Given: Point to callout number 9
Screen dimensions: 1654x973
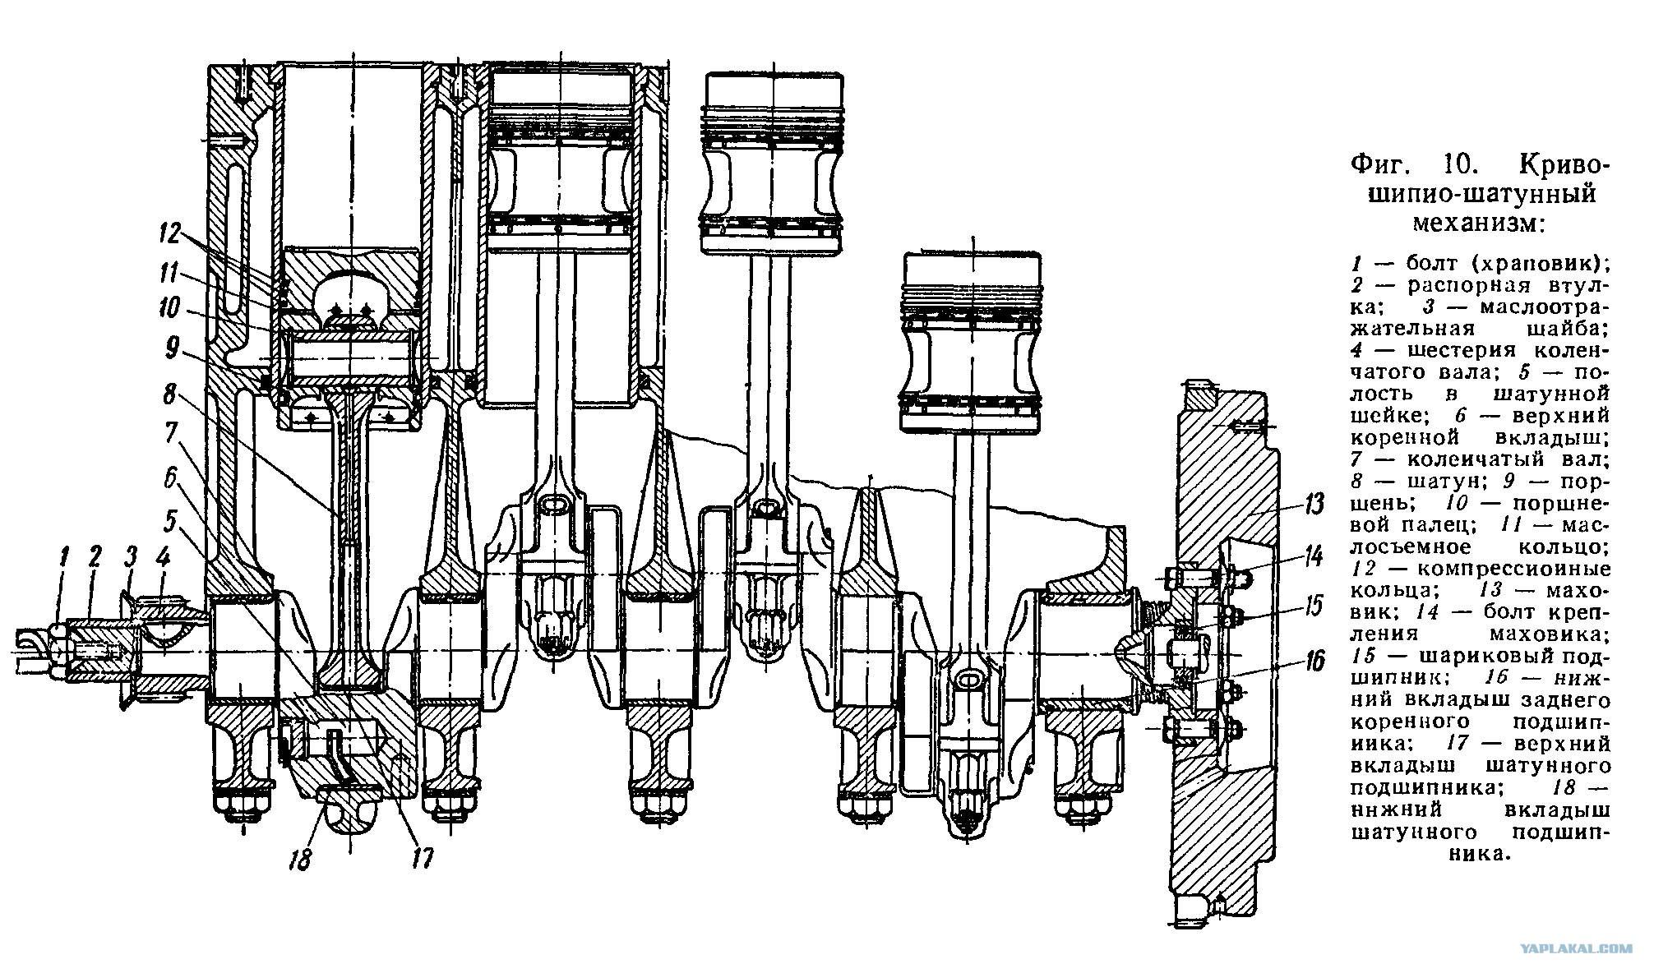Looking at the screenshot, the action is (172, 350).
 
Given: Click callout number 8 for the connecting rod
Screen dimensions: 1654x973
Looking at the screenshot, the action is (169, 395).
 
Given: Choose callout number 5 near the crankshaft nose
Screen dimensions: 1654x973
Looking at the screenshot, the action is (169, 519).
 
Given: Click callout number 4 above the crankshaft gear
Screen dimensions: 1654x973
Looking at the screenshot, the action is (163, 560).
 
